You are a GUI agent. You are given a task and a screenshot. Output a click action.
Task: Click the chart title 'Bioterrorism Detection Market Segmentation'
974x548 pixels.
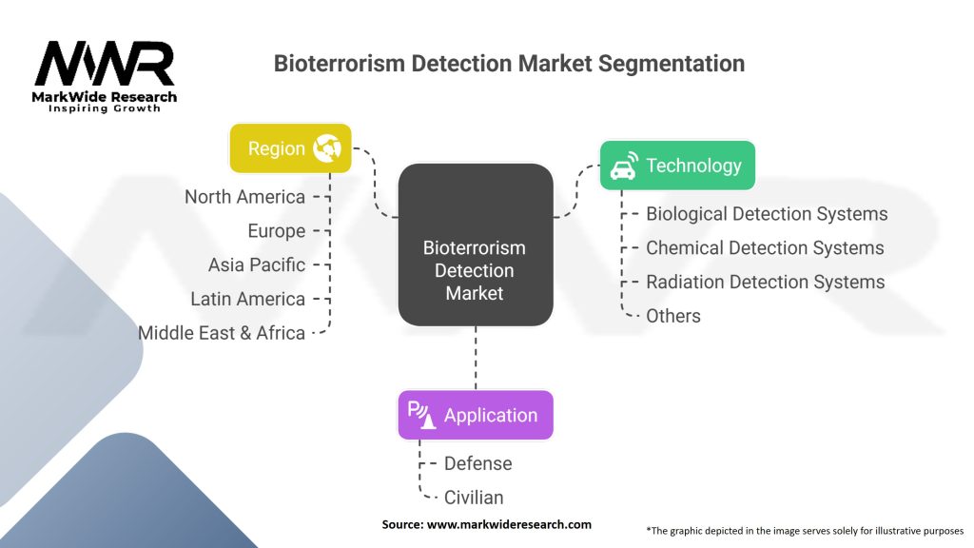(509, 64)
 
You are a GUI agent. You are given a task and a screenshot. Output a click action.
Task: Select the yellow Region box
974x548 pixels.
(290, 148)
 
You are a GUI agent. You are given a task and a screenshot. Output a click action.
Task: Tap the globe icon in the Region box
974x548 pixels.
(327, 148)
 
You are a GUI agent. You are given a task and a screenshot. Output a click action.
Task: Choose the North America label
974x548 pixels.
(244, 197)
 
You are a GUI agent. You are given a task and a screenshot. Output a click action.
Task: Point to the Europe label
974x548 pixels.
(276, 231)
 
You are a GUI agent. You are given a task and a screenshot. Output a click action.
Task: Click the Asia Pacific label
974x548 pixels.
(257, 264)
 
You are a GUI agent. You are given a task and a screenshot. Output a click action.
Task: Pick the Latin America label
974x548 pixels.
(247, 299)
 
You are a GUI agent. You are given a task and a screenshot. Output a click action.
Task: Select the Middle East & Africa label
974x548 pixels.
(222, 333)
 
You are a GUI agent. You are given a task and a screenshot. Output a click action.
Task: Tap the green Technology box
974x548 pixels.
(676, 166)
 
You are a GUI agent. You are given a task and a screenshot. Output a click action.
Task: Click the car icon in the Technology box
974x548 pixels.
(623, 166)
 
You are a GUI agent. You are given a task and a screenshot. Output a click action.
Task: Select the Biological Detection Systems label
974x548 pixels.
(767, 214)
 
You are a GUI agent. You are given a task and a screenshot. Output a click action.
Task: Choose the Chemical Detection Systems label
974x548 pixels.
(765, 248)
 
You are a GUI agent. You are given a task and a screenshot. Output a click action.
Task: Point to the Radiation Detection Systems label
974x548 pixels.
(765, 283)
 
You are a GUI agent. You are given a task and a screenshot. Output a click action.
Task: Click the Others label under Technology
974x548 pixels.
(673, 316)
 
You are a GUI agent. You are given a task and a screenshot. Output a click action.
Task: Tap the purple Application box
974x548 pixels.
(474, 415)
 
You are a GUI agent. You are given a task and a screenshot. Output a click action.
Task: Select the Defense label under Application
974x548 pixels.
(477, 463)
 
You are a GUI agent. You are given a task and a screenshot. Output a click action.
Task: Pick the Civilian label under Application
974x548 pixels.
(474, 497)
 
